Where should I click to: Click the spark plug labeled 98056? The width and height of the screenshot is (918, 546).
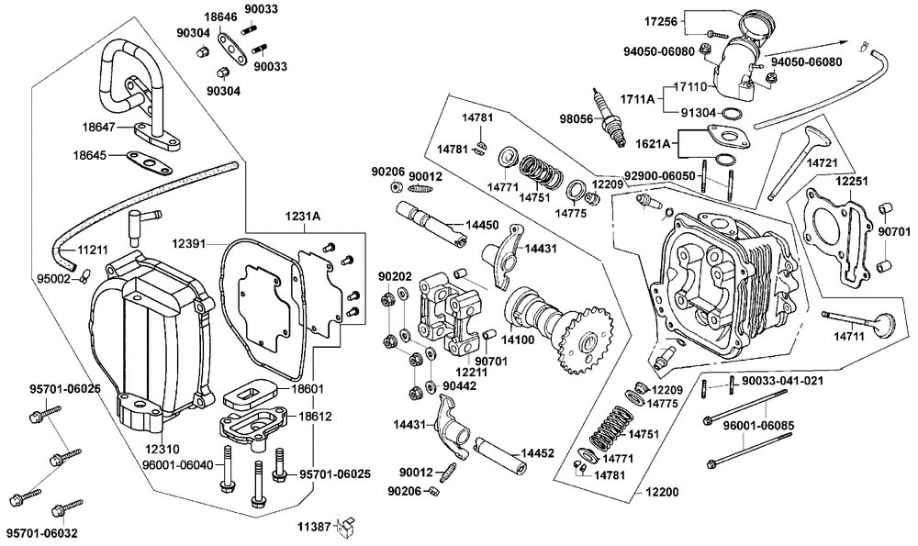(x=609, y=118)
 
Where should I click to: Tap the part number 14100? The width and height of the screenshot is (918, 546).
(x=518, y=339)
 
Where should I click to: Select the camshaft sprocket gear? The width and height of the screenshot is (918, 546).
(x=586, y=340)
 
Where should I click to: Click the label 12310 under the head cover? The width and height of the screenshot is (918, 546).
(x=160, y=450)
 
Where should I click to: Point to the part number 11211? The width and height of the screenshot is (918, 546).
(x=93, y=251)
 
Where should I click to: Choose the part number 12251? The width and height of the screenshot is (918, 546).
(x=851, y=181)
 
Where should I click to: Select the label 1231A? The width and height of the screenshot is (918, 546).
(x=303, y=217)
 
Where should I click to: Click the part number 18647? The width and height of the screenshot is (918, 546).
(x=98, y=127)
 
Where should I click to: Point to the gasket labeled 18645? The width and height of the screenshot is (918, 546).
(x=150, y=162)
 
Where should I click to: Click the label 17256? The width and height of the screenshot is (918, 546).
(x=660, y=22)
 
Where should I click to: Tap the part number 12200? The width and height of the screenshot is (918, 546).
(x=662, y=492)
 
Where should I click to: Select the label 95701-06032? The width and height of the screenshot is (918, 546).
(x=41, y=533)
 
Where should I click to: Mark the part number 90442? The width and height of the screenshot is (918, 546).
(x=460, y=386)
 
